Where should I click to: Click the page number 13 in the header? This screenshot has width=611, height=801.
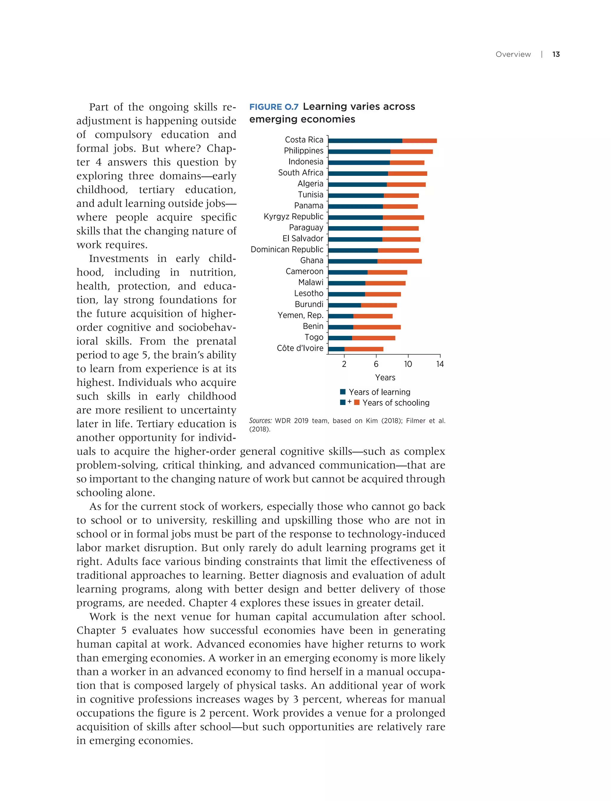coord(556,54)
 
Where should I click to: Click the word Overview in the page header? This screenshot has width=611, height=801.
coord(513,54)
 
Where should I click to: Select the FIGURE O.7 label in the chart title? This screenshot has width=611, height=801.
coord(274,107)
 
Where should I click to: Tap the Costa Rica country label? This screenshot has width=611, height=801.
coord(304,139)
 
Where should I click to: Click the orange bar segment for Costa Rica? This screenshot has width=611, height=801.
coord(419,141)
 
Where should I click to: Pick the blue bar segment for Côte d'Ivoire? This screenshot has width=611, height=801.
coord(336,349)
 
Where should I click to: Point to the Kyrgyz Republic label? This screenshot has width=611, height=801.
coord(293,217)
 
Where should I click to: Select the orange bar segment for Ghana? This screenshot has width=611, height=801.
coord(399,261)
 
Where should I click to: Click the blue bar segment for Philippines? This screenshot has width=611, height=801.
coord(359,151)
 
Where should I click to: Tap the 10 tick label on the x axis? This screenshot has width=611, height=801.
coord(408,364)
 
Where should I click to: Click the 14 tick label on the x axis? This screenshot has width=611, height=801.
coord(440,364)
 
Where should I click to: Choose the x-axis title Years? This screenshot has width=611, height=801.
coord(385,378)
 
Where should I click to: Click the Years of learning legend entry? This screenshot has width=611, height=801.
coord(379,392)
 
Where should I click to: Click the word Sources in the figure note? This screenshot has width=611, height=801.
coord(260,421)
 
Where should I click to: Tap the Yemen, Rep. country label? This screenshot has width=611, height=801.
coord(300,315)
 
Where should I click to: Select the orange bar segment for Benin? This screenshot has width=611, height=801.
coord(377,327)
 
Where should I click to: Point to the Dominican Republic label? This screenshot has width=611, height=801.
coord(287,249)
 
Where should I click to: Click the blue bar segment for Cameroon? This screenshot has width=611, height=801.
coord(348,272)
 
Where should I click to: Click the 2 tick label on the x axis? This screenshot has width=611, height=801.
coord(344,364)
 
